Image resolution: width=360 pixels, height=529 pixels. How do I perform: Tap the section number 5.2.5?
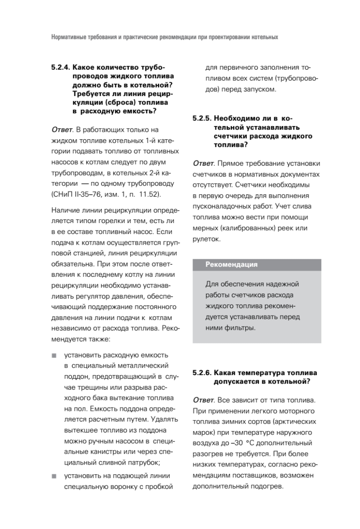click(202, 119)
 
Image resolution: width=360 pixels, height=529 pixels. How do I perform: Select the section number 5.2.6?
click(202, 373)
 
